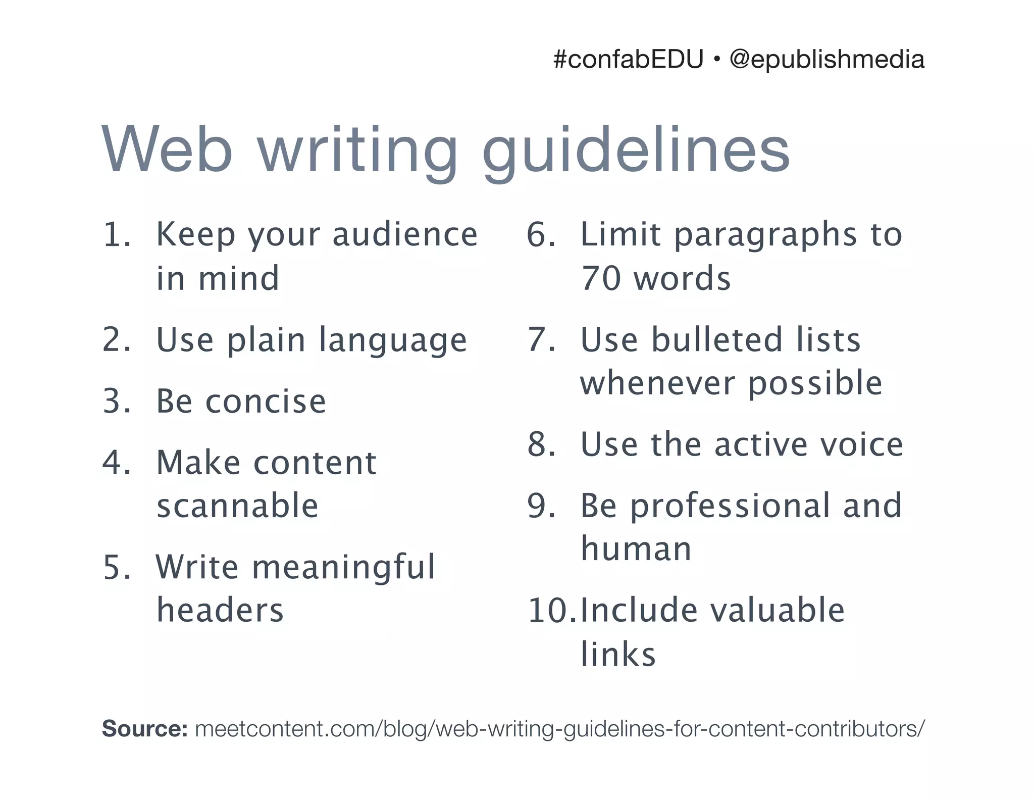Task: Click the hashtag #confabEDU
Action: click(628, 60)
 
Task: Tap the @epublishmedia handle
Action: click(827, 60)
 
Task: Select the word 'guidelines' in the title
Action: click(636, 151)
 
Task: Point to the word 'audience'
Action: click(405, 235)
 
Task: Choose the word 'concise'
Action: click(266, 402)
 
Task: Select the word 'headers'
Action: click(220, 610)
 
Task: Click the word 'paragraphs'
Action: click(765, 236)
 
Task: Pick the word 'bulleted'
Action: click(716, 339)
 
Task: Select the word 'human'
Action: click(636, 549)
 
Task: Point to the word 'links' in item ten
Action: click(618, 655)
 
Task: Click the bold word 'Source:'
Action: click(145, 729)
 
